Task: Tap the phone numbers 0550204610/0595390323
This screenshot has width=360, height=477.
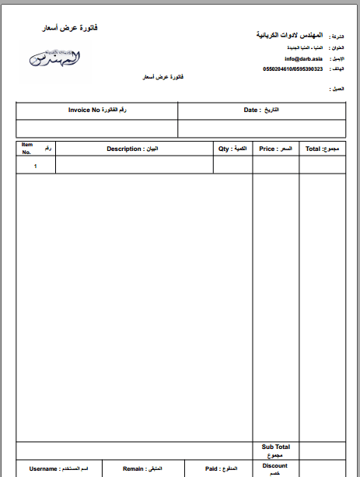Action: tap(292, 68)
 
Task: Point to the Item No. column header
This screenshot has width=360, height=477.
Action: tap(27, 148)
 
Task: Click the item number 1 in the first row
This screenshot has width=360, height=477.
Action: tap(35, 165)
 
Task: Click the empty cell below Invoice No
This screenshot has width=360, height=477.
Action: tap(97, 128)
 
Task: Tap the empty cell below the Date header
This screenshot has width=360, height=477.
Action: tap(260, 128)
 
